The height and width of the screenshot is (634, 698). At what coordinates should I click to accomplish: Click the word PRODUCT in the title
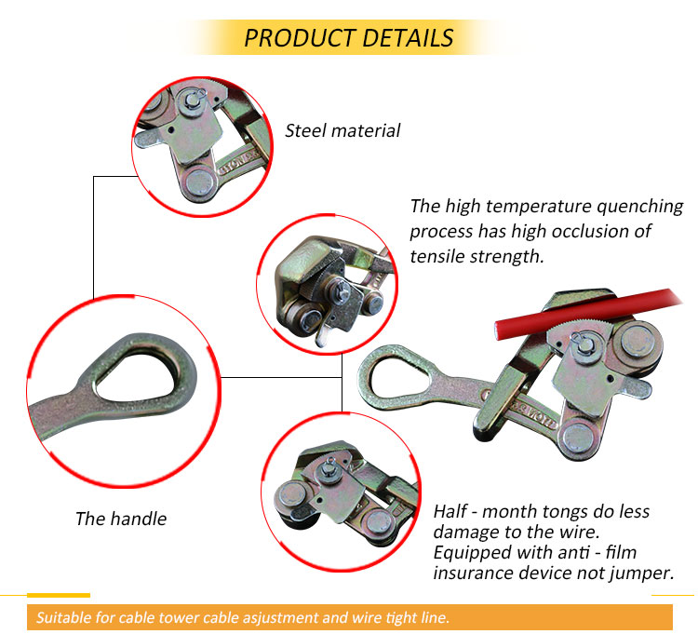298,38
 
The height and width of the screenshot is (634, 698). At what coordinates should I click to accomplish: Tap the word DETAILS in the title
408,38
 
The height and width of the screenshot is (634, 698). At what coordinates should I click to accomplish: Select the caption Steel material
342,131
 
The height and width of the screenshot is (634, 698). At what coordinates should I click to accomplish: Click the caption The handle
121,519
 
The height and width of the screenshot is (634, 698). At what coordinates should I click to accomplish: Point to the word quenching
639,207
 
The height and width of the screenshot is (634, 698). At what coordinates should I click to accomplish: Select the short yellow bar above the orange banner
59,595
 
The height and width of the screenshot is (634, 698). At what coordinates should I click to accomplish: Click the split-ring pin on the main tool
582,340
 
